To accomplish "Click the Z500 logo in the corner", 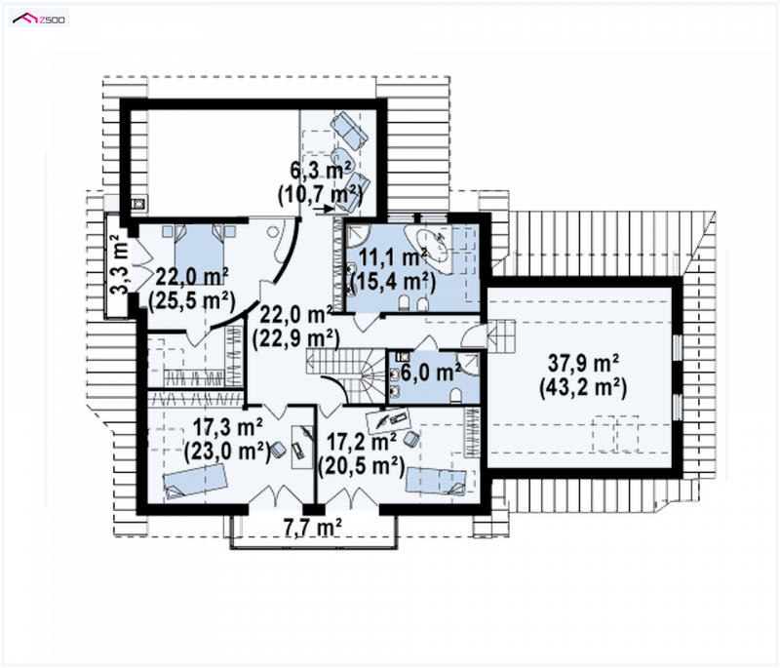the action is [x=39, y=20].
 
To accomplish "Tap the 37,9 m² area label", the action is [x=583, y=363].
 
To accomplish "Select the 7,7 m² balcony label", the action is [x=312, y=527].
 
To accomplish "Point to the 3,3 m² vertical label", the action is [x=119, y=264].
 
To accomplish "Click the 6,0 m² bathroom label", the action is [x=430, y=373].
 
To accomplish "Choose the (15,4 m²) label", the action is [x=393, y=282].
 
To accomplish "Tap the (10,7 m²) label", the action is [x=320, y=193].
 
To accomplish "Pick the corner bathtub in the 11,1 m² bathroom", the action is [x=428, y=249].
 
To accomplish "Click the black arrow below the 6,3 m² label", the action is [x=325, y=210].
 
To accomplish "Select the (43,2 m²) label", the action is [x=583, y=387].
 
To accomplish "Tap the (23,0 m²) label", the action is [x=227, y=452].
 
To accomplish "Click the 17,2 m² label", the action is [x=361, y=442].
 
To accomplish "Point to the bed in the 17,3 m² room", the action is [x=195, y=481].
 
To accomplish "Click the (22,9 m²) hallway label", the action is [x=296, y=338].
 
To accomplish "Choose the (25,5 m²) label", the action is [x=192, y=300].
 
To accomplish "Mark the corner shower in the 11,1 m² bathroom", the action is [x=357, y=236].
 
